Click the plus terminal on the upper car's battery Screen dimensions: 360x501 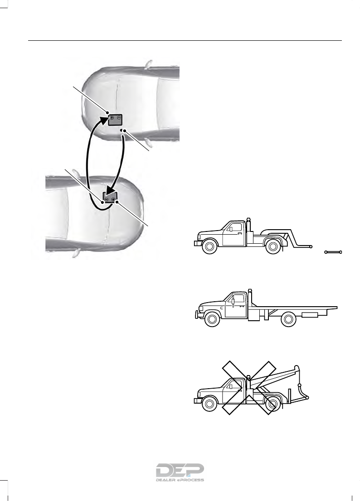112,118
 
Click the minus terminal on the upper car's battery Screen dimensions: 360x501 119,118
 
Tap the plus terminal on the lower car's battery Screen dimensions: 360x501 113,198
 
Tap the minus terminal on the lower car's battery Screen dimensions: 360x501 106,198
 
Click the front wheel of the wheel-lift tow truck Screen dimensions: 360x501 209,247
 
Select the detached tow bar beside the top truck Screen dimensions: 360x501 334,251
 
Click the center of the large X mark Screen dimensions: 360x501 249,389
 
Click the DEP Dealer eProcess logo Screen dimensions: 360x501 180,473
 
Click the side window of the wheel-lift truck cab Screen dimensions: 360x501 236,227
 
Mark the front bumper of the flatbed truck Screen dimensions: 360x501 196,313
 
